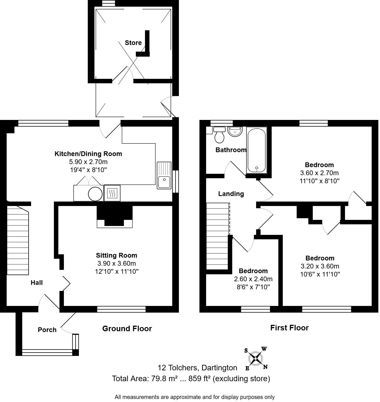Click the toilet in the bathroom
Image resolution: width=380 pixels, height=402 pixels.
click(x=220, y=135)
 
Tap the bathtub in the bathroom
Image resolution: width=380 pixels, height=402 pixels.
click(x=257, y=150)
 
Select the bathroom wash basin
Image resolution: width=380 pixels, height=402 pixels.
click(x=235, y=131)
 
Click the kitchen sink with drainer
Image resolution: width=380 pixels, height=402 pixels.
click(x=164, y=175)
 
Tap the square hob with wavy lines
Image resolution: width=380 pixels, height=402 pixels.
click(x=112, y=193)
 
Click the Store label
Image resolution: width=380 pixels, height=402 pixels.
click(x=133, y=43)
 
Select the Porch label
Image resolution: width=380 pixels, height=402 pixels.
click(x=47, y=330)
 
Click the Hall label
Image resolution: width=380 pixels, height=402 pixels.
click(x=37, y=283)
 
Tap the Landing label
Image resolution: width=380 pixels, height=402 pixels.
click(x=231, y=194)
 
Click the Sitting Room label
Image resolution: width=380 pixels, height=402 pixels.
click(x=117, y=255)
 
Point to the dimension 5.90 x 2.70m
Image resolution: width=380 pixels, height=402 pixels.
click(x=88, y=162)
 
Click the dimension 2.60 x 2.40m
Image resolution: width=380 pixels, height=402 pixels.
click(x=253, y=279)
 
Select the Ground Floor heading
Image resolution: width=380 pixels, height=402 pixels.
click(x=127, y=329)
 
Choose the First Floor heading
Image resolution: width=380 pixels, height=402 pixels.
click(x=289, y=328)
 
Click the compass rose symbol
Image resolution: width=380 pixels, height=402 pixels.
click(x=256, y=358)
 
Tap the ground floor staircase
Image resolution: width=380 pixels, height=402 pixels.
click(x=18, y=240)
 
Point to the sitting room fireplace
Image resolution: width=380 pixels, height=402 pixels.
click(x=115, y=217)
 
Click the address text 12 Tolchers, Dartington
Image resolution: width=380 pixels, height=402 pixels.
click(x=197, y=368)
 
